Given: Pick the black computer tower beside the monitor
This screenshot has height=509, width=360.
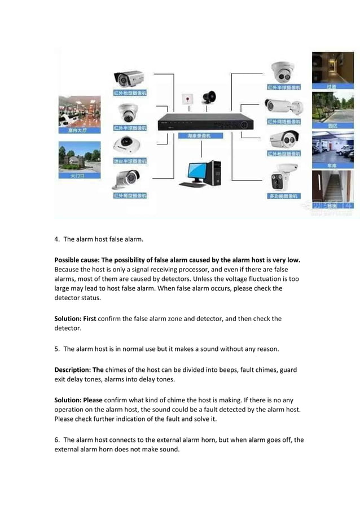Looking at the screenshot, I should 215,173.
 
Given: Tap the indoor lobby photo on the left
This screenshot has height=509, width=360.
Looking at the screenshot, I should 80,111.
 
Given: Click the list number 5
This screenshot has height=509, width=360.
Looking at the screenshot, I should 56,349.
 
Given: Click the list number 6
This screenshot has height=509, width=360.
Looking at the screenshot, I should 56,440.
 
